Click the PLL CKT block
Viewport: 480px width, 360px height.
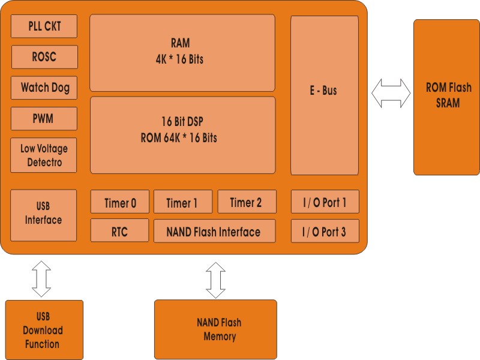(x=44, y=26)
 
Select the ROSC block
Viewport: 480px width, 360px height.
(x=44, y=57)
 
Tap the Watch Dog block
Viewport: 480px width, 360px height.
(x=44, y=88)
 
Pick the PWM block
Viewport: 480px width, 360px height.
(x=44, y=119)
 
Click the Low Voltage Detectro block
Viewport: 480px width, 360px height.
(x=44, y=155)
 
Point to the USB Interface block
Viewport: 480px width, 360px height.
(x=44, y=215)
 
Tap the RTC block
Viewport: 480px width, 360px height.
(x=119, y=231)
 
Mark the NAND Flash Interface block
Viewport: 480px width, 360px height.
(x=214, y=231)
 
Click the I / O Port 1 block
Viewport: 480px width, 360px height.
(x=325, y=202)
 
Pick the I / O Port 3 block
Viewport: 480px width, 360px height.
(x=325, y=231)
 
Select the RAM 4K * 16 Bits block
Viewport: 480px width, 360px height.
(x=182, y=53)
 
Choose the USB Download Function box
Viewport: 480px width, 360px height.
(x=44, y=330)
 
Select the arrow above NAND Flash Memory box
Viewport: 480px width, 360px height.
(x=215, y=280)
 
